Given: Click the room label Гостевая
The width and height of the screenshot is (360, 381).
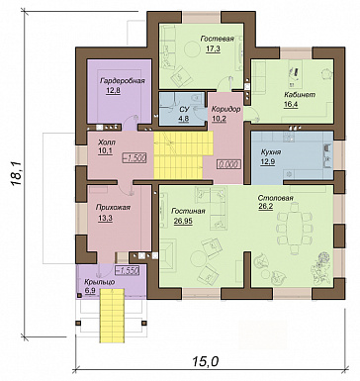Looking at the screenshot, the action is coord(218,39).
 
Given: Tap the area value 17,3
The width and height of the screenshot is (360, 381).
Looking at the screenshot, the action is coord(213,49).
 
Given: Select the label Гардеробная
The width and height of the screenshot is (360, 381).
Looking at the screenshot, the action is coord(123,81).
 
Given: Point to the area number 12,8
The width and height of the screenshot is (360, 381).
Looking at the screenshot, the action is coord(113,91).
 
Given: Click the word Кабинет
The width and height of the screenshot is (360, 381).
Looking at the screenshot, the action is coord(300,95).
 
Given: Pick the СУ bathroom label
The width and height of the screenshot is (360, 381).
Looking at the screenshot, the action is coord(184,109).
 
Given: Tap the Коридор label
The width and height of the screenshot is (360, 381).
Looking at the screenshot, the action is coord(225,109).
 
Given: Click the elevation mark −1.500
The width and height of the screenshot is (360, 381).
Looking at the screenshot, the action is coord(135,158).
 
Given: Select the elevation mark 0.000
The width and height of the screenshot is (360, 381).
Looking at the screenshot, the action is coord(228,164).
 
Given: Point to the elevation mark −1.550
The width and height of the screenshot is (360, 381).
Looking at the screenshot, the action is coord(127,270).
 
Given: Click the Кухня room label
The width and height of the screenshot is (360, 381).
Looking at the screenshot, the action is coord(271,152).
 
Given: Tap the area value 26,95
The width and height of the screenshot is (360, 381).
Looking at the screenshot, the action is coord(183,222).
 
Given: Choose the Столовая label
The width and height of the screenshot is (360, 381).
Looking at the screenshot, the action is coord(276,199).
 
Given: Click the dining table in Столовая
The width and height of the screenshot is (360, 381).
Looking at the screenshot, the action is coord(295,229).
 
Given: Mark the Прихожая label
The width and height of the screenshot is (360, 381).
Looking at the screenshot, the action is coord(113,208).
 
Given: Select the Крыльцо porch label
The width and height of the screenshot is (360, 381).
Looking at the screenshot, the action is coord(99,282).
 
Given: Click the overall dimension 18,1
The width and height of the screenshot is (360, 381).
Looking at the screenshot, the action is coord(16,174).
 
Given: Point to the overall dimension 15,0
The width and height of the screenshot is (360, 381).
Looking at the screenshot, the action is coord(206,361).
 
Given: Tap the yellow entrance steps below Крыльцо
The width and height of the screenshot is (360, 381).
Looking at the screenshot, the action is coord(112,316).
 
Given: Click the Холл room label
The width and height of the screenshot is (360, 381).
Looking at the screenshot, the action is coord(107,143).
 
